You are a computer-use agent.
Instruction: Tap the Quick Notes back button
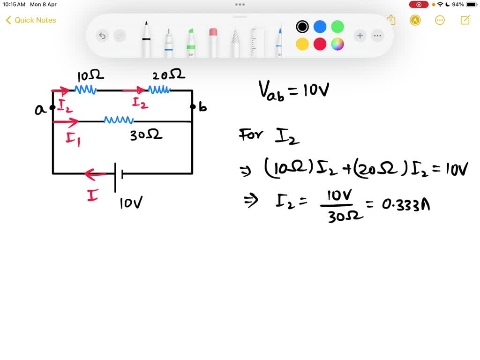point(30,20)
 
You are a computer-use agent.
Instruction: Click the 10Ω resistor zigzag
point(85,90)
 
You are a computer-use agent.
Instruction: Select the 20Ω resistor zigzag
point(159,90)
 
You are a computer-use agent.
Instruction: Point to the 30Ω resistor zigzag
point(119,120)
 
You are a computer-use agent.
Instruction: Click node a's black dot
point(52,107)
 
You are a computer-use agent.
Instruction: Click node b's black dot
point(192,107)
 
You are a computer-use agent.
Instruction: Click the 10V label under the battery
point(131,203)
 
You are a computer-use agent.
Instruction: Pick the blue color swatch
point(320,27)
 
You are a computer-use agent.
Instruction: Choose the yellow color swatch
point(302,44)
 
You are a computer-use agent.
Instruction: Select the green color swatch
point(337,27)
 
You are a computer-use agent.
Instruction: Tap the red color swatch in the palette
point(320,44)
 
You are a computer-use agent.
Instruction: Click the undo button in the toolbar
point(102,36)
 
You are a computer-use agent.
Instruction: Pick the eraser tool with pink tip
point(213,42)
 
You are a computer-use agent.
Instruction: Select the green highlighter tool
point(191,42)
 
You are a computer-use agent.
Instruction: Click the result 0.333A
point(406,205)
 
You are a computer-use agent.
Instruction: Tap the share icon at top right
point(391,20)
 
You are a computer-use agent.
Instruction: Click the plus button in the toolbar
point(360,36)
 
